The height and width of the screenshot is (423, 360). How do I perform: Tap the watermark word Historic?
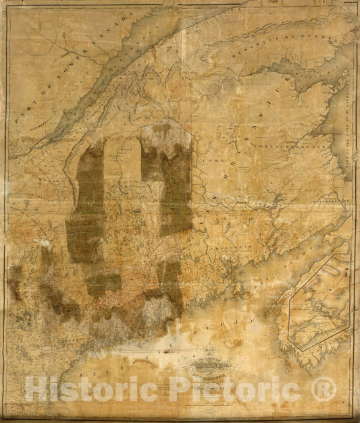click(x=87, y=391)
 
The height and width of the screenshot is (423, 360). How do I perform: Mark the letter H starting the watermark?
click(x=34, y=391)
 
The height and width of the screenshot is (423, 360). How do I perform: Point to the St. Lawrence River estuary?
click(x=135, y=61)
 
